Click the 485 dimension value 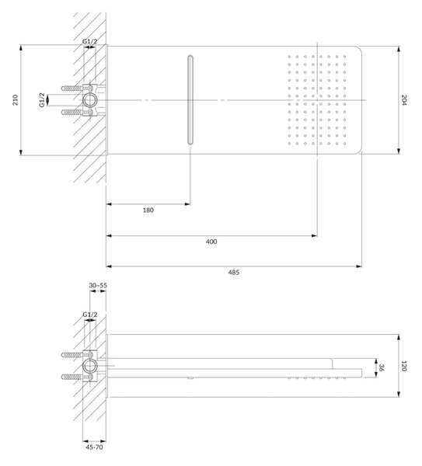click(x=234, y=273)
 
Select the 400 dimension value click(x=211, y=242)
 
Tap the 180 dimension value click(x=148, y=210)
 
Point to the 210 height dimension click(x=16, y=100)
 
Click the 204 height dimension click(x=404, y=100)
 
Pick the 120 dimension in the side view click(x=404, y=366)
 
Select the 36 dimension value click(x=382, y=367)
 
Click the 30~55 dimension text click(x=98, y=285)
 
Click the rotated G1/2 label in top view click(x=42, y=100)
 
